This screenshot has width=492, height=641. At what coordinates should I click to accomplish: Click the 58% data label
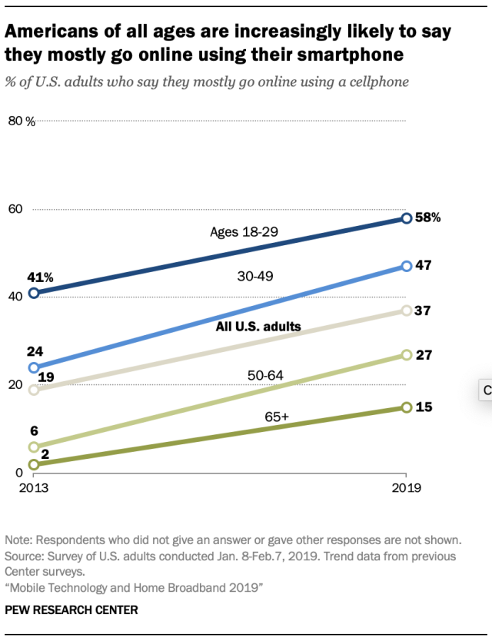point(427,218)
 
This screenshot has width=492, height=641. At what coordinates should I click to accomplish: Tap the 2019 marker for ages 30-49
point(407,267)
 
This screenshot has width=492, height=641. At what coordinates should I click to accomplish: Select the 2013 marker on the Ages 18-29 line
point(33,293)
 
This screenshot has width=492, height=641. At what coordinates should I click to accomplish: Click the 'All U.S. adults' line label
point(258,327)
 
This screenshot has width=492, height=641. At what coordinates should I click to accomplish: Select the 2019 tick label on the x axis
point(407,488)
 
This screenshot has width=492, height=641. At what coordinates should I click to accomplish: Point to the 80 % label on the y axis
point(22,121)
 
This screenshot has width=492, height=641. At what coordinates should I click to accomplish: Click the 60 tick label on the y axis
point(15,209)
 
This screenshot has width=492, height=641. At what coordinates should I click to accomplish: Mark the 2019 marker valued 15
point(407,407)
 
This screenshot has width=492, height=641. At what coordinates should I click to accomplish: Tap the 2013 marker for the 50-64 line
point(33,447)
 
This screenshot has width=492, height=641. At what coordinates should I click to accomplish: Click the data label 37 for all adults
point(422,311)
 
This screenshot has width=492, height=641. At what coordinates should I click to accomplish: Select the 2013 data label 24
point(34,350)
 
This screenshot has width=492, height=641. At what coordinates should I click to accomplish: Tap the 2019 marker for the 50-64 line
point(407,355)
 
